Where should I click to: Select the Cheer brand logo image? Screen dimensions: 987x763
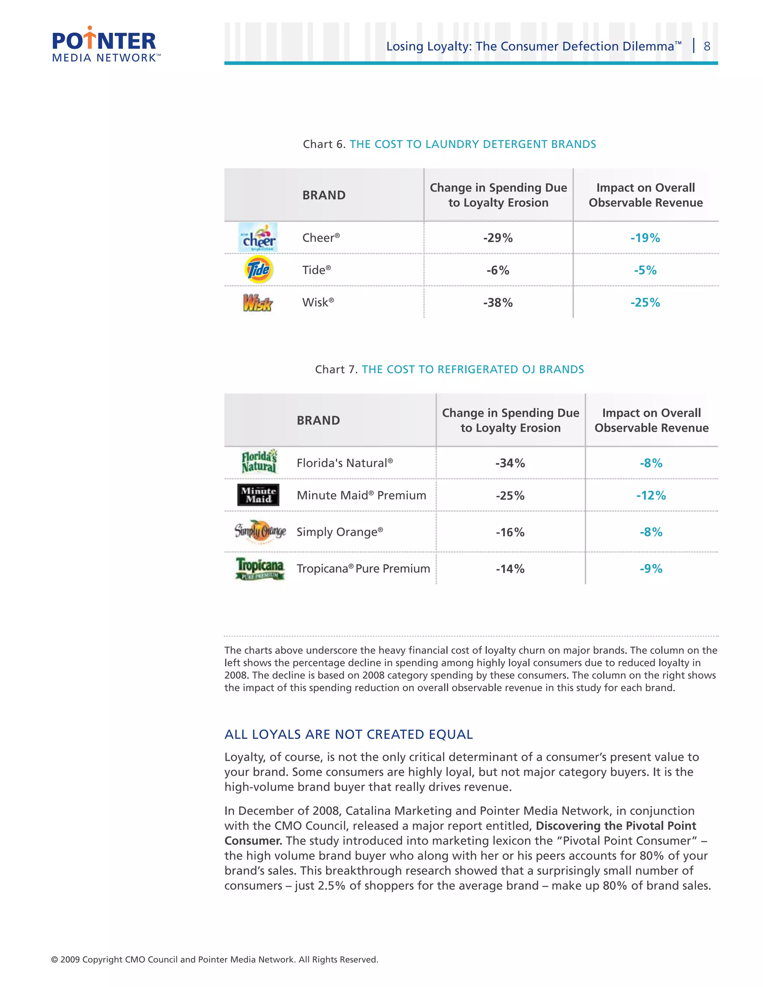[258, 237]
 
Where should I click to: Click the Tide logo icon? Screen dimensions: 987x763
[258, 270]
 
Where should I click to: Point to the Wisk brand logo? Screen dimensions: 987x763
[257, 302]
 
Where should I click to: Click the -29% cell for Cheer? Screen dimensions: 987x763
[498, 238]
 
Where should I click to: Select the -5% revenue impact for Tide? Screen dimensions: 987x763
[645, 270]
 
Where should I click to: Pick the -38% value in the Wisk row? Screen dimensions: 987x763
[498, 302]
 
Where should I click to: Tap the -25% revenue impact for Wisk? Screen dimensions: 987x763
[645, 302]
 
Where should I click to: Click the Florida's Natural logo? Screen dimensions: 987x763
[259, 462]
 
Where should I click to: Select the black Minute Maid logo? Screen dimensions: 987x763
[258, 495]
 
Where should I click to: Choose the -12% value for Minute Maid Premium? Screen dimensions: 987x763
[651, 495]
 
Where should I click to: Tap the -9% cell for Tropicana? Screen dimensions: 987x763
[651, 568]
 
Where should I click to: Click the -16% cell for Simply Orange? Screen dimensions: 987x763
[510, 532]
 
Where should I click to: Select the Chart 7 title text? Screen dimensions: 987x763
[449, 369]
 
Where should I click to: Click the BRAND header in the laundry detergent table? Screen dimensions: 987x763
[324, 195]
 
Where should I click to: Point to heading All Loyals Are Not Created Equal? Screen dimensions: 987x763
[348, 734]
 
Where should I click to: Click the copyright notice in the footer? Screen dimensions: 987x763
[214, 959]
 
